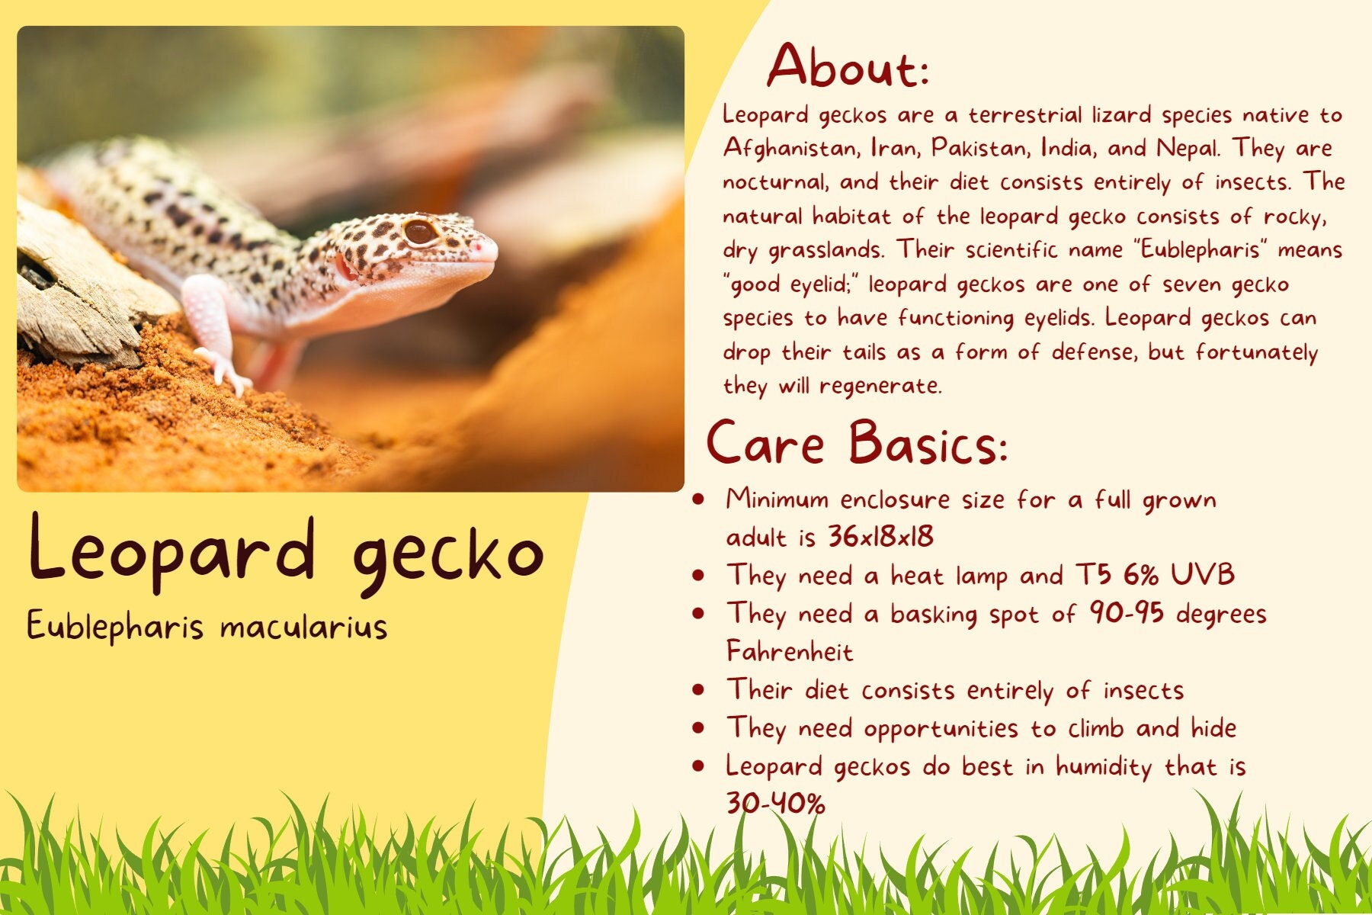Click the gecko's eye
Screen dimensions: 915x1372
421,231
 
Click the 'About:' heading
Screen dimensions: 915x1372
848,66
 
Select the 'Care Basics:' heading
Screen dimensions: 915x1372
857,442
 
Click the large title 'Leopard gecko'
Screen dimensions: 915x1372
286,553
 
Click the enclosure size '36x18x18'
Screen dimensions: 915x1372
880,537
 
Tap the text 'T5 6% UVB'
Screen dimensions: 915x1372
1155,575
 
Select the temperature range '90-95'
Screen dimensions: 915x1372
1127,613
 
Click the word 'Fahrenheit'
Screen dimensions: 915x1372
790,652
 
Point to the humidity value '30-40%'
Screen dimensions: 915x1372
775,804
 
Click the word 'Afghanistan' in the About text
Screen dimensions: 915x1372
790,148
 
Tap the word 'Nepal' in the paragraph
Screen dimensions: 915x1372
1187,148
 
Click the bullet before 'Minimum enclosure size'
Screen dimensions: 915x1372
698,499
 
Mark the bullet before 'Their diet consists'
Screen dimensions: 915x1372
698,690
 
